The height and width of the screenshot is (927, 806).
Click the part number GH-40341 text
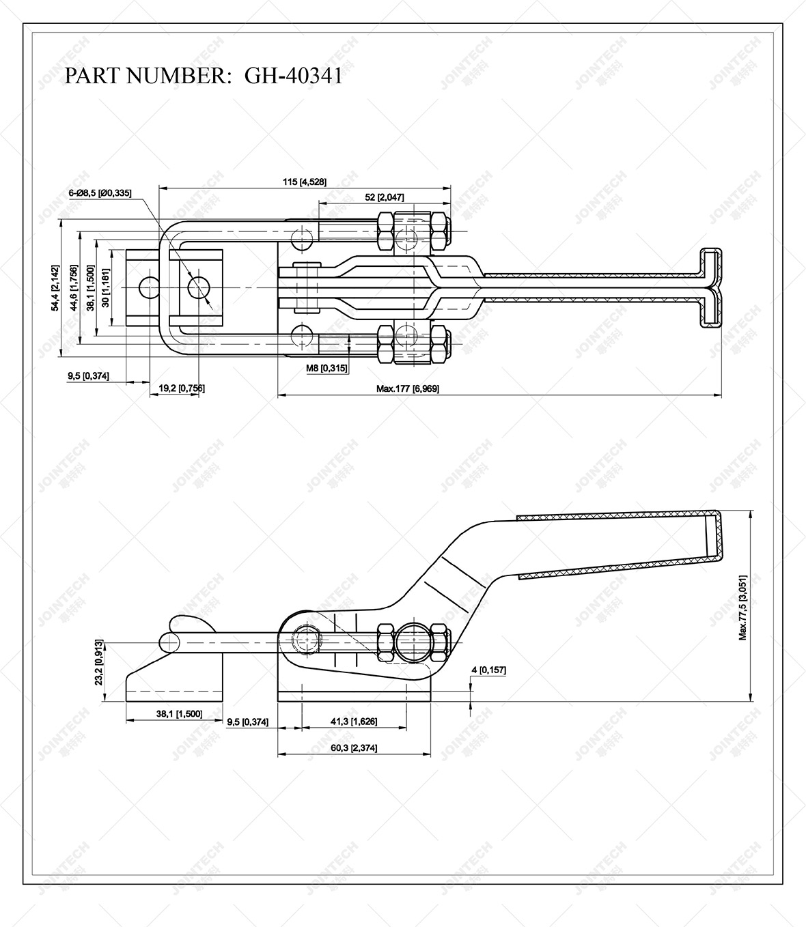click(x=293, y=75)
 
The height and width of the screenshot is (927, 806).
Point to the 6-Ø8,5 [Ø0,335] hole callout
click(x=100, y=193)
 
